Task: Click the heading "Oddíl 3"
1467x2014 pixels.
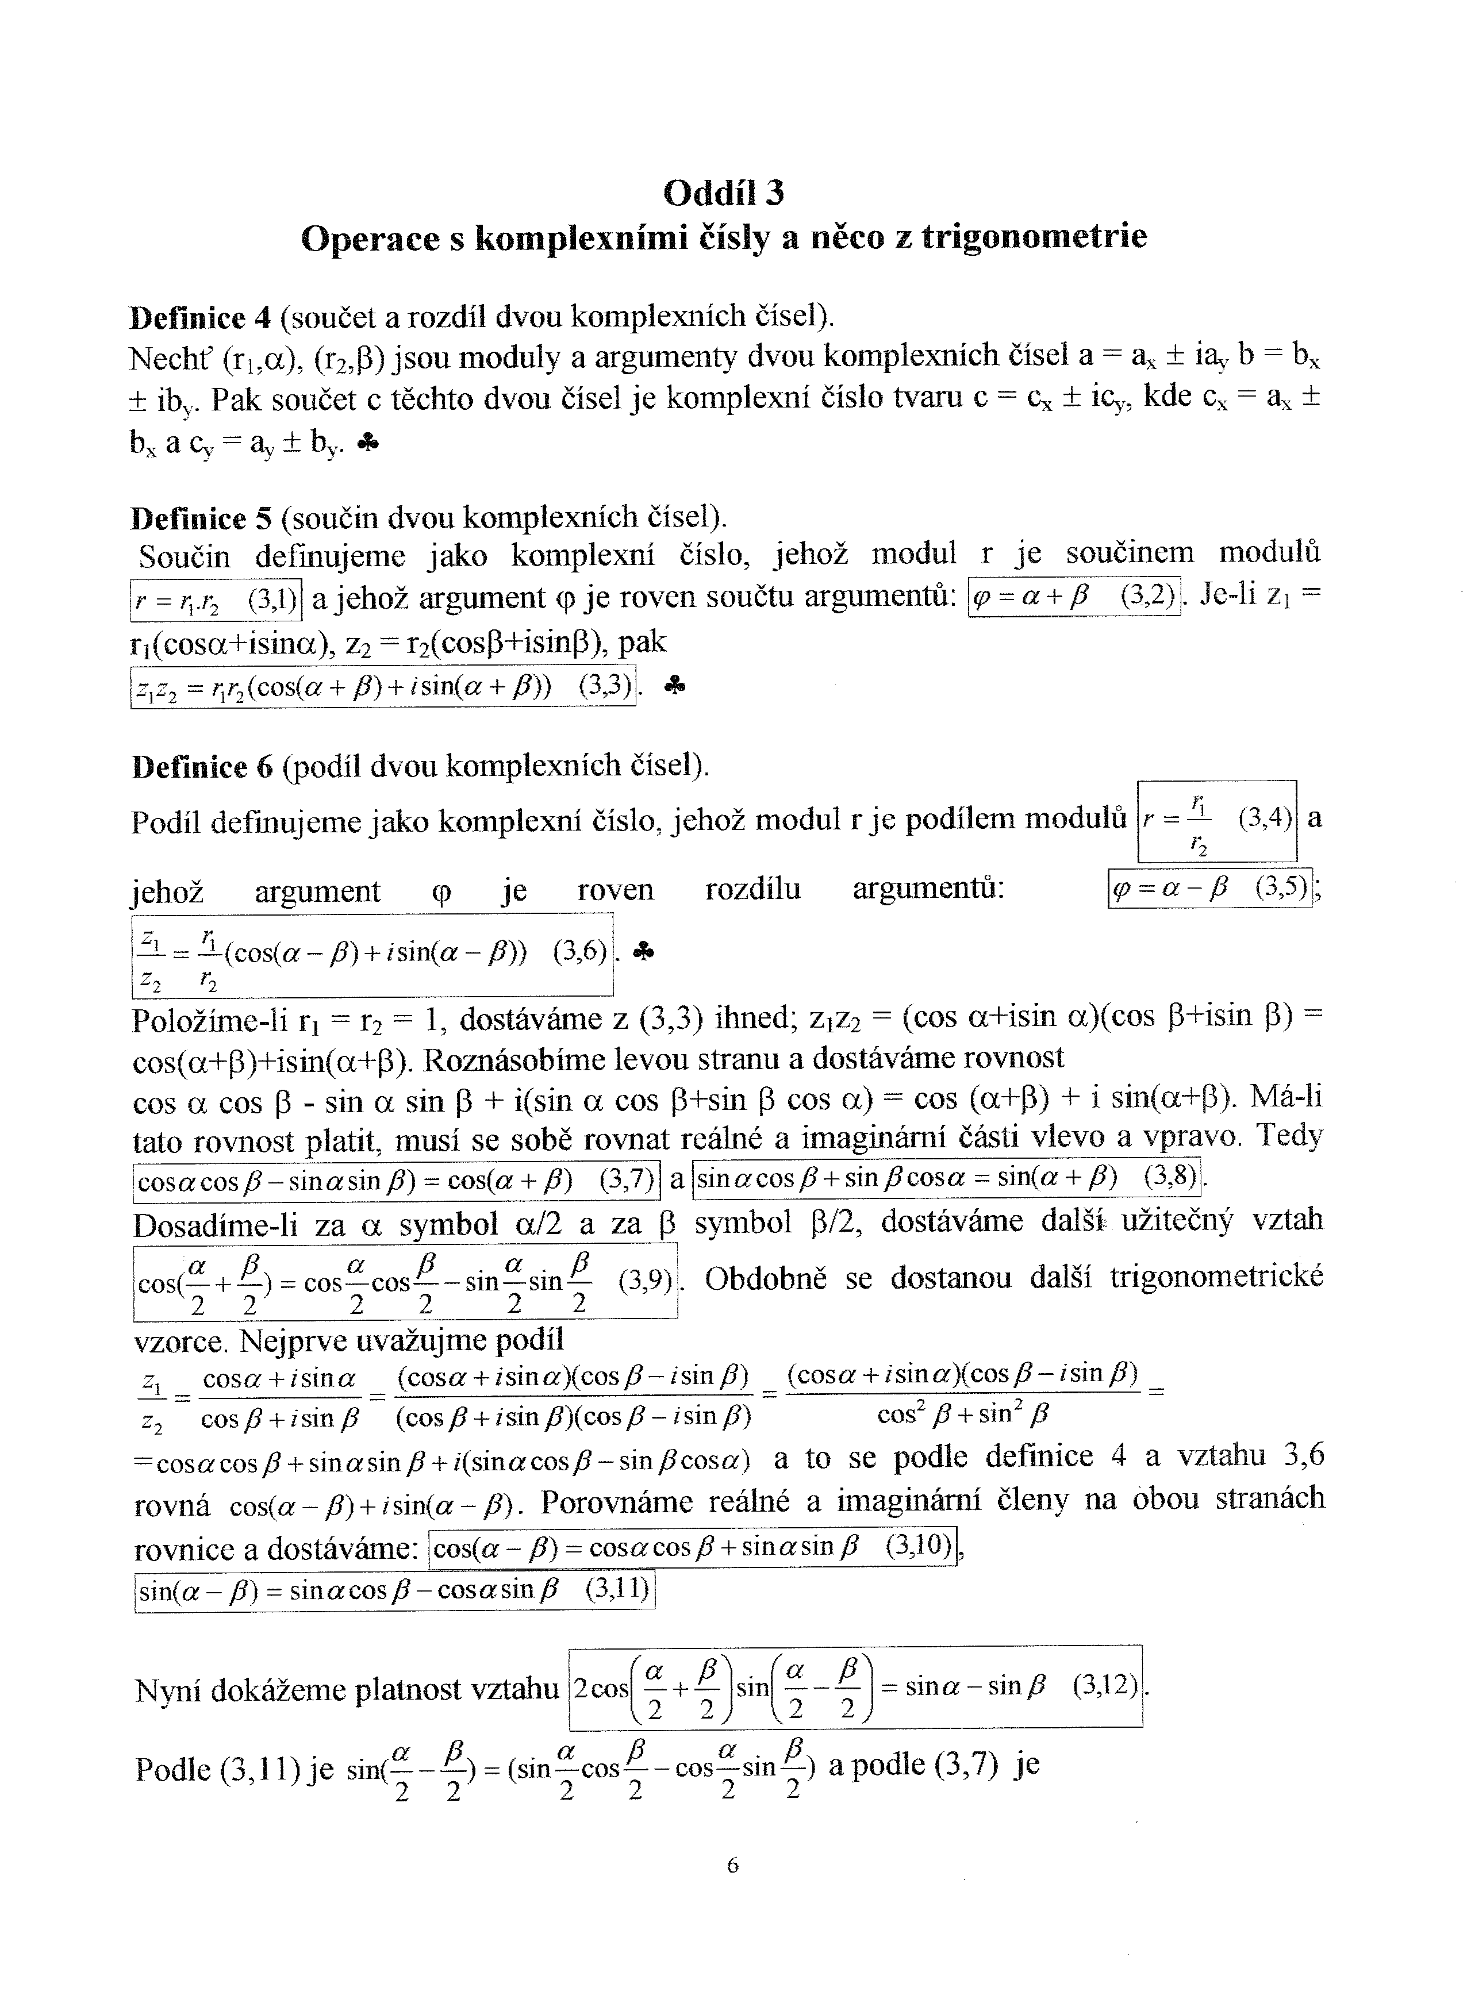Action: point(724,193)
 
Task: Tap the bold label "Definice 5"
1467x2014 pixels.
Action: point(201,518)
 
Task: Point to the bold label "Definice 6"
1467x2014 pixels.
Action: point(202,766)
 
